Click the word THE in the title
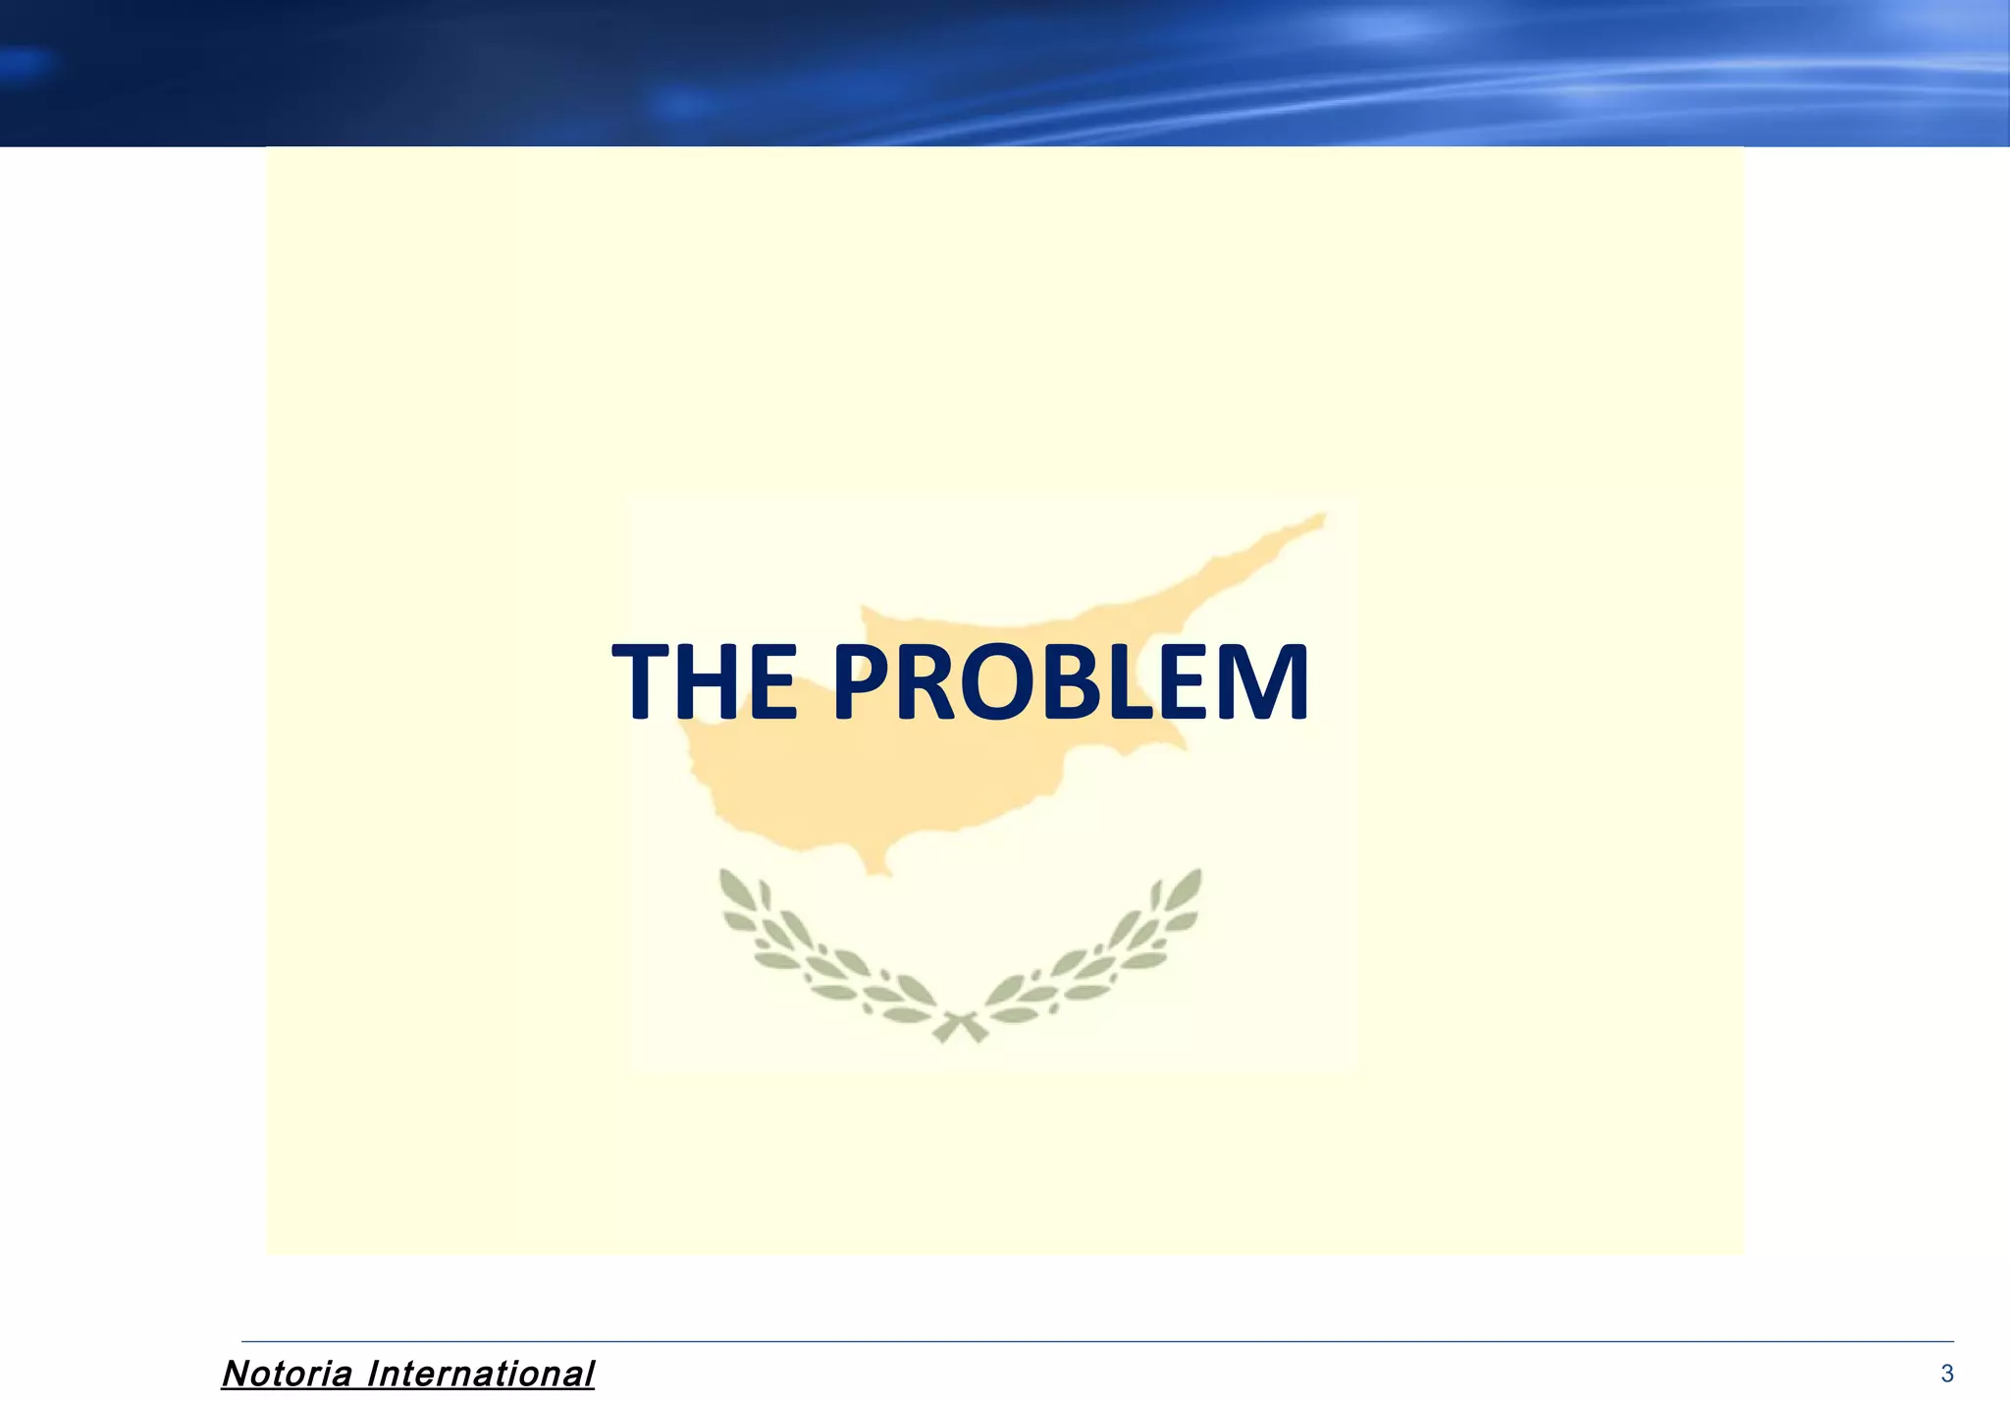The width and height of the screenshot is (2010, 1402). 705,681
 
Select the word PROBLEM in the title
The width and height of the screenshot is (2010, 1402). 1071,681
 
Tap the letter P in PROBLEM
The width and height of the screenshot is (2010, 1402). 867,681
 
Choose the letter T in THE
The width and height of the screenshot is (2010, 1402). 644,681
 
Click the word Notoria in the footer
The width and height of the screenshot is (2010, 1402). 287,1374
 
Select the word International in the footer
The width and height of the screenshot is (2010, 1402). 480,1374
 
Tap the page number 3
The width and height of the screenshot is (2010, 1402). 1947,1374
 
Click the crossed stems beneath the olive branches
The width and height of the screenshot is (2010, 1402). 960,1027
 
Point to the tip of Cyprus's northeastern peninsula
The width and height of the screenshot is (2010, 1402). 1321,515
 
